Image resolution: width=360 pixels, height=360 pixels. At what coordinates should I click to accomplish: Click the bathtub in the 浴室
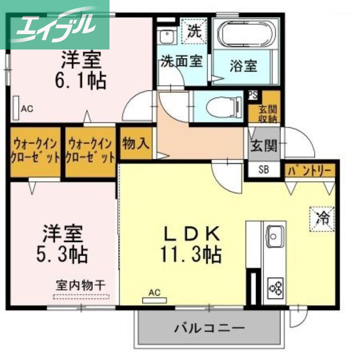246,34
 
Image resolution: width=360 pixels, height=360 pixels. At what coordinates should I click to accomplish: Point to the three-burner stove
276,288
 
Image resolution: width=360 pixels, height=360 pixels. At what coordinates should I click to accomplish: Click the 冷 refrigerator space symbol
322,219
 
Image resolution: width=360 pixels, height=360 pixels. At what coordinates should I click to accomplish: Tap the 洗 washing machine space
194,31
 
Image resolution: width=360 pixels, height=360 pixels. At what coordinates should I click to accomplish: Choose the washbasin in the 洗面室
168,37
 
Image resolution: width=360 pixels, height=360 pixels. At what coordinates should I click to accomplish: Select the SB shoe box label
264,170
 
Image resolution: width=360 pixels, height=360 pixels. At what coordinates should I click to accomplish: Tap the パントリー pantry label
310,171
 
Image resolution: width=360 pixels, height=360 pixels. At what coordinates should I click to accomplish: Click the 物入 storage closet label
137,144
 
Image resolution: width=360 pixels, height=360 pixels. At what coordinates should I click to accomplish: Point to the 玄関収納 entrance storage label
268,114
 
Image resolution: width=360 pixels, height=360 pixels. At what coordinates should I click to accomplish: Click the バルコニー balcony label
209,328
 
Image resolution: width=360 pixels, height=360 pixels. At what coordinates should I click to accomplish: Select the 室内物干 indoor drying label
81,285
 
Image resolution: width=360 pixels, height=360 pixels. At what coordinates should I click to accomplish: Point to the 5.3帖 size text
62,254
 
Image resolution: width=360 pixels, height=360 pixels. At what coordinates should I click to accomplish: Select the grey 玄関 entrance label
264,145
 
